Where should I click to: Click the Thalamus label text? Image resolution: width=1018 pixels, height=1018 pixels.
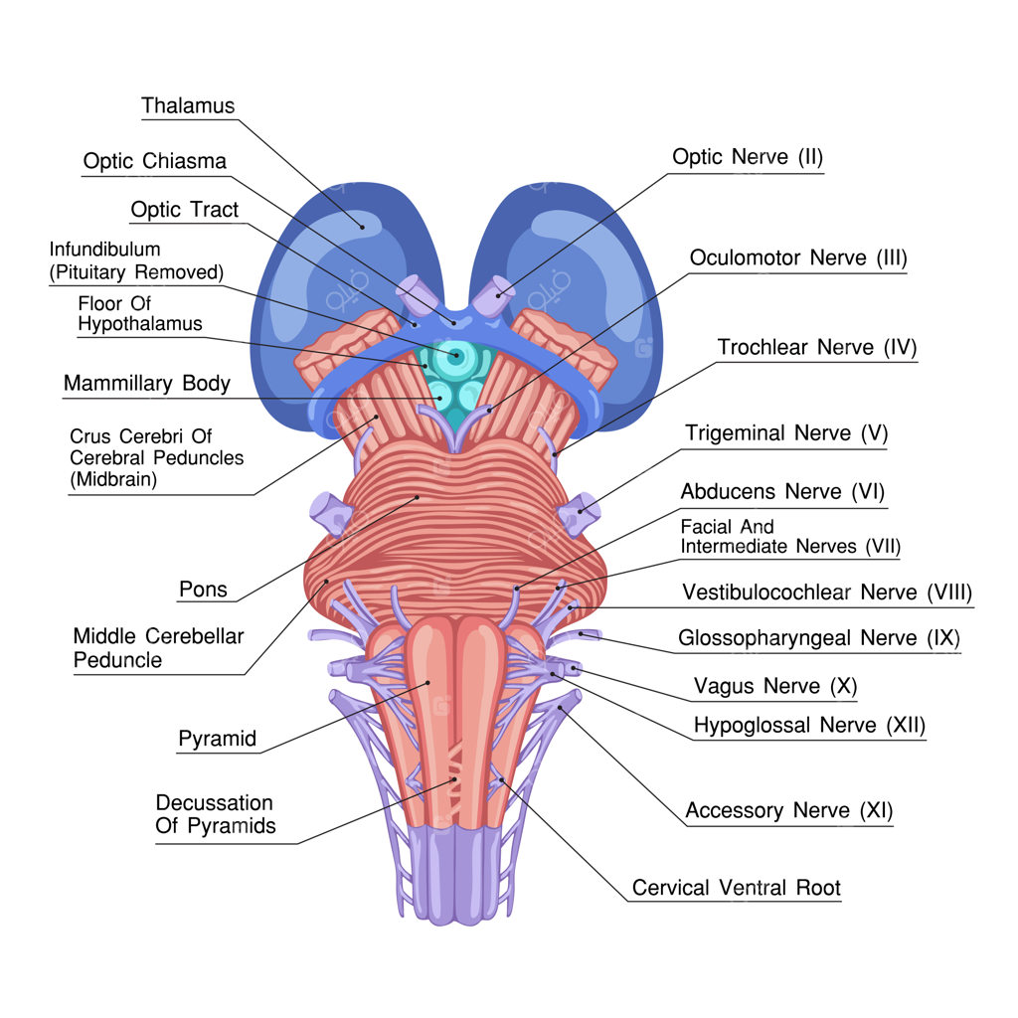(188, 105)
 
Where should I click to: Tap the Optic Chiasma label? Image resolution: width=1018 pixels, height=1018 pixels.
(154, 161)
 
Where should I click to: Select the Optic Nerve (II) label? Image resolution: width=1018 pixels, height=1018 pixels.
(748, 156)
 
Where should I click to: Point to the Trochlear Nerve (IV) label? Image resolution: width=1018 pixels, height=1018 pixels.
(817, 347)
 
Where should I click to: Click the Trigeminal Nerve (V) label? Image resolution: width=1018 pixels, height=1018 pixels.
(786, 432)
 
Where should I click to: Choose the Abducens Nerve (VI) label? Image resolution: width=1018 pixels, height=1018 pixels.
(782, 491)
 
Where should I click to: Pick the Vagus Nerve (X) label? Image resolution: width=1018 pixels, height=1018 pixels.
(775, 686)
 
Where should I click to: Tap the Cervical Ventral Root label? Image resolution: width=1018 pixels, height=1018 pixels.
(737, 888)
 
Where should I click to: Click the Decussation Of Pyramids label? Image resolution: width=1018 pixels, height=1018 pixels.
(216, 814)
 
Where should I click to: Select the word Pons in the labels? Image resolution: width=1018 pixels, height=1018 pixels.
(203, 590)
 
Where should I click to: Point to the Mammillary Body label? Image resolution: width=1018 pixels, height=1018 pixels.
(147, 383)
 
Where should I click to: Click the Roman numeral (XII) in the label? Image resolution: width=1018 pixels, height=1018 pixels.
(906, 725)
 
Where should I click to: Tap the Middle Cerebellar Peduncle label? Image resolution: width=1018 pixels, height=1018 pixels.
(158, 648)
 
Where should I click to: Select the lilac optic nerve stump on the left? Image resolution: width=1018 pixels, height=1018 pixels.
(418, 295)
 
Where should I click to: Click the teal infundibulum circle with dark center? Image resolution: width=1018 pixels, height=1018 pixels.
(455, 355)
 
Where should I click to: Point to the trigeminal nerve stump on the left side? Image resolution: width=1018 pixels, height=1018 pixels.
(331, 514)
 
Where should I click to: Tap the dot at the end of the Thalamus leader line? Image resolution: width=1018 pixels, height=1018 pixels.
(362, 228)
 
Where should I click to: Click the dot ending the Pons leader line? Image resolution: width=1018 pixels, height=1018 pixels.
(418, 498)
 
